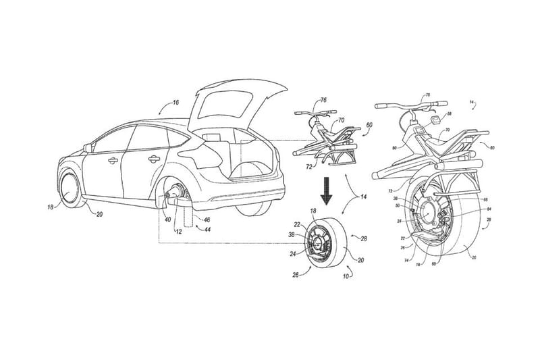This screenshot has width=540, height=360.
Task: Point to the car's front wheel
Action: point(69,190)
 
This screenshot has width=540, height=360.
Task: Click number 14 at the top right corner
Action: point(472,103)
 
